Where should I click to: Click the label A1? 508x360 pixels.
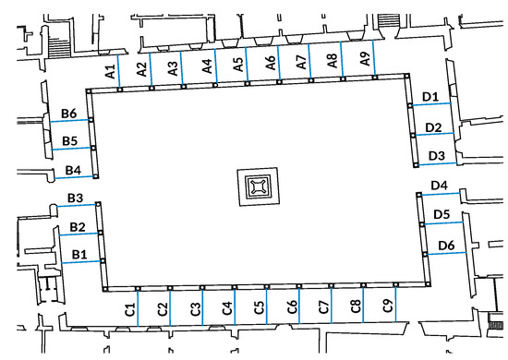coord(111,72)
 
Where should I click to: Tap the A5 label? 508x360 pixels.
coord(238,64)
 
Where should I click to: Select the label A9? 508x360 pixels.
coord(365,59)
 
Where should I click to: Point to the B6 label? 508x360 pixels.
coord(69,114)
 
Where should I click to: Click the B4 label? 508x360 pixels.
coord(73,170)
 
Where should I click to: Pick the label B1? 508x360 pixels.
coord(79,255)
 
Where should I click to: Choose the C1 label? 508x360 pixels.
coord(129,310)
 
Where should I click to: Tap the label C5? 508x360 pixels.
coord(260,308)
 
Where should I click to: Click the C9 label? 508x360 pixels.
coord(388,306)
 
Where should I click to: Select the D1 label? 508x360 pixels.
coord(430,97)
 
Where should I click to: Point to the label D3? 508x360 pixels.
coord(436,156)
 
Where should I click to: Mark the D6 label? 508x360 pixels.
coord(446,246)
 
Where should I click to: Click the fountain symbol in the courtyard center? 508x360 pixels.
coord(259,186)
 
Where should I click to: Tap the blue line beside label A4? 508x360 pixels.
coord(215,66)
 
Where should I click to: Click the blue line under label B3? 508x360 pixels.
coord(77,205)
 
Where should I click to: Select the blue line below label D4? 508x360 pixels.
coord(441,194)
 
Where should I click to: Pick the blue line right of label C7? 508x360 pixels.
coord(332,305)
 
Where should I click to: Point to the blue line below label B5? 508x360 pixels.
coord(72,149)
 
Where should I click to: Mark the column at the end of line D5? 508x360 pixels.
coord(421,224)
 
